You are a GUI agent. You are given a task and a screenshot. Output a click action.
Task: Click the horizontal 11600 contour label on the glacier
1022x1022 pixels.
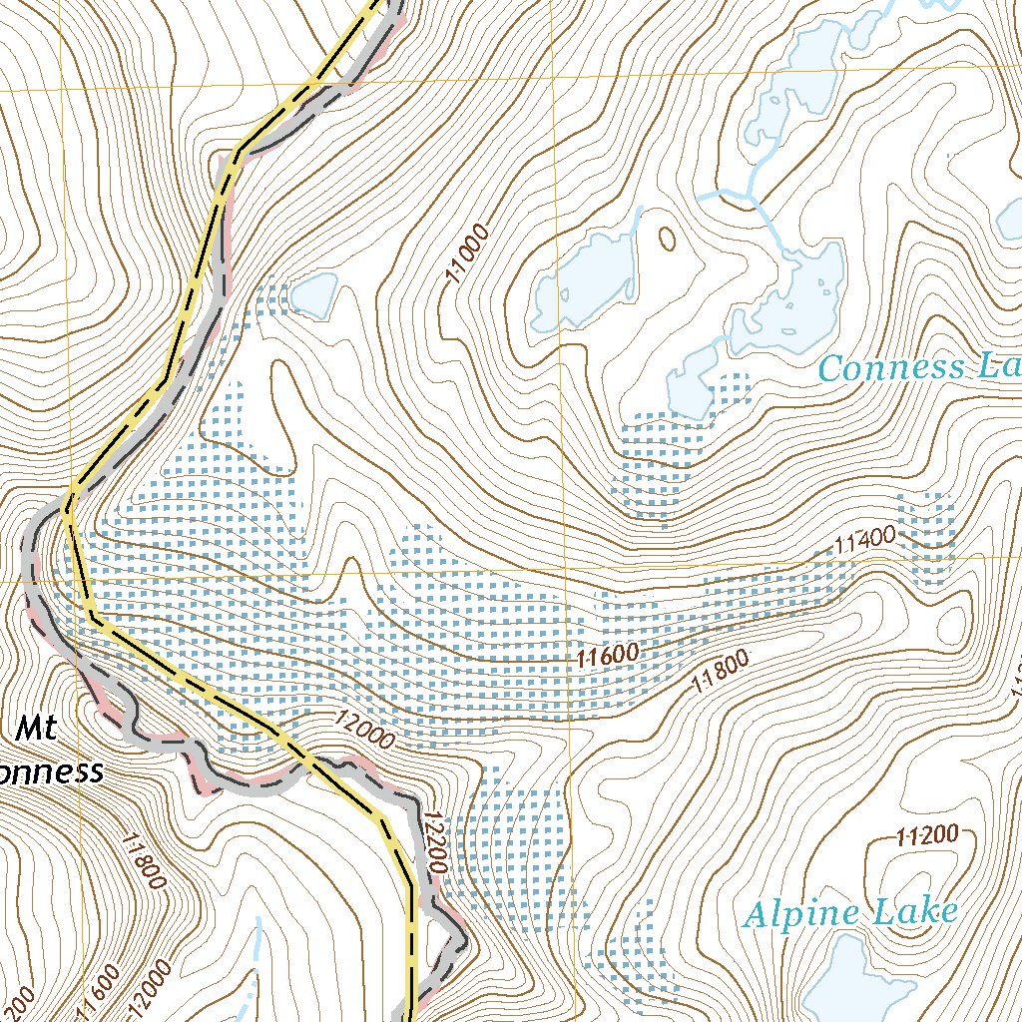607,655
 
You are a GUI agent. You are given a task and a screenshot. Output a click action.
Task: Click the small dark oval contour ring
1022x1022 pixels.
666,239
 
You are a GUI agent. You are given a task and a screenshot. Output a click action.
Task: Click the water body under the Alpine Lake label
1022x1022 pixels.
858,983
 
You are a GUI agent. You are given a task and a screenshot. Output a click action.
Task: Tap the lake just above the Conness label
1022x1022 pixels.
798,299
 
